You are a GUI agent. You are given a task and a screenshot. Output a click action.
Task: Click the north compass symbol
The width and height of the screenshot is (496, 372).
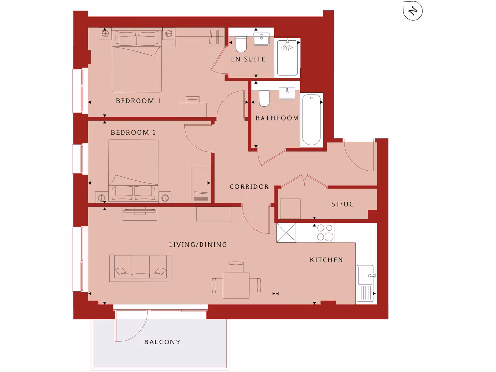[413, 11]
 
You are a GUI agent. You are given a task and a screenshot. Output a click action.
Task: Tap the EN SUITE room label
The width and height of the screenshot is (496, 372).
[248, 59]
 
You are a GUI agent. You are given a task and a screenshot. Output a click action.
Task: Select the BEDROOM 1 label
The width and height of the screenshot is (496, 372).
[138, 101]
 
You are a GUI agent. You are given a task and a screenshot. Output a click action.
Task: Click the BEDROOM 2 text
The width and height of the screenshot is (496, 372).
[134, 132]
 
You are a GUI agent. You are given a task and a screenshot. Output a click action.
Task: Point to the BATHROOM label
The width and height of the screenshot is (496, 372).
[277, 118]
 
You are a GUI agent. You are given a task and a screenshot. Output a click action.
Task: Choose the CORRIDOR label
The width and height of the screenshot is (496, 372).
[249, 186]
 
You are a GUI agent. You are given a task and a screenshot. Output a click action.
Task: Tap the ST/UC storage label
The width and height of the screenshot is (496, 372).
[342, 204]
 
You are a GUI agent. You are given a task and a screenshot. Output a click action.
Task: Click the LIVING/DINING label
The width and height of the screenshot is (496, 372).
[198, 245]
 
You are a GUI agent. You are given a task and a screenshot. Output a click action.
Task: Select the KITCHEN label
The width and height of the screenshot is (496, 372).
[326, 260]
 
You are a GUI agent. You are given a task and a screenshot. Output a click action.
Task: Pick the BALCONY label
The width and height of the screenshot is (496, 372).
[162, 342]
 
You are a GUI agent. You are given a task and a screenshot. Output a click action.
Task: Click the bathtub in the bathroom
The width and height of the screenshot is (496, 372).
[311, 120]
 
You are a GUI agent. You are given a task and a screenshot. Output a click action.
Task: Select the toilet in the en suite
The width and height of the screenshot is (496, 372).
[241, 45]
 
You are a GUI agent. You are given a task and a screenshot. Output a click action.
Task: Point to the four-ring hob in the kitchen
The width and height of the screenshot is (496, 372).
[325, 232]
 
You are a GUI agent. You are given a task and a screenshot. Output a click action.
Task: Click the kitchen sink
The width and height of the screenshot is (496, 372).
[365, 283]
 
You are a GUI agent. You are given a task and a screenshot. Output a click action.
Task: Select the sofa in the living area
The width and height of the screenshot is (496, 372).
[140, 268]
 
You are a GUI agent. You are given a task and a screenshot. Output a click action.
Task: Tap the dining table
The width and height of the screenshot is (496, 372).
[236, 285]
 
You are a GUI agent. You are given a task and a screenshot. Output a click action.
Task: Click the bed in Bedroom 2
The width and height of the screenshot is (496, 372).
[134, 170]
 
